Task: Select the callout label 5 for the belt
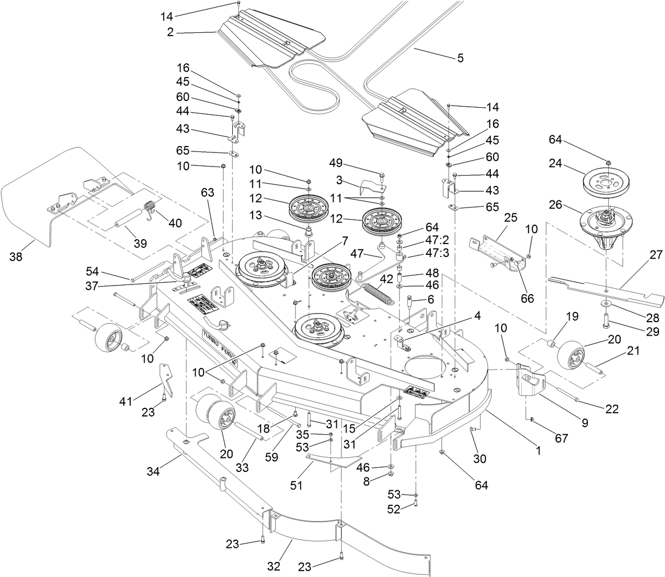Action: point(460,58)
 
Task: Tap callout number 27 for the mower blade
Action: point(655,255)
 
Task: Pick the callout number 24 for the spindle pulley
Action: point(555,162)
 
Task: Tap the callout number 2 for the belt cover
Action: point(170,32)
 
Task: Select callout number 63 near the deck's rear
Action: point(207,192)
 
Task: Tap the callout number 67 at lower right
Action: point(561,438)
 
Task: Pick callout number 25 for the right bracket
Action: point(510,218)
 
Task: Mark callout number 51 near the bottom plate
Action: point(296,485)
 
